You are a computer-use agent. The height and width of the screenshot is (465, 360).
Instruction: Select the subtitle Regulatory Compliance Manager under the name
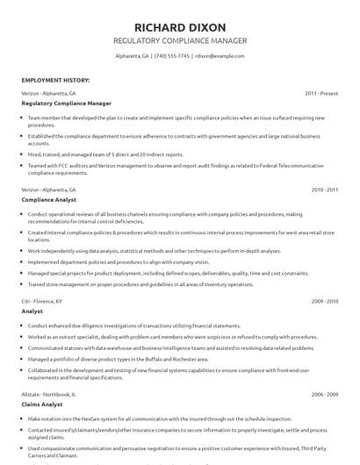pos(180,40)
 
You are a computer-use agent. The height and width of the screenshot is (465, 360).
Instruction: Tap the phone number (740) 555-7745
pos(172,56)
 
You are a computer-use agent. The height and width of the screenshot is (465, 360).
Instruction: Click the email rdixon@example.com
pos(219,56)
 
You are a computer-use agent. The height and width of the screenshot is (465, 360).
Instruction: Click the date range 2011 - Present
pos(322,92)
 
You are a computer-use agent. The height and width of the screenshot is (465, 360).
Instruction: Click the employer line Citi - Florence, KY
pos(41,301)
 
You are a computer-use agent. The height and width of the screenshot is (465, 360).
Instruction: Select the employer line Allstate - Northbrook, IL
pos(51,394)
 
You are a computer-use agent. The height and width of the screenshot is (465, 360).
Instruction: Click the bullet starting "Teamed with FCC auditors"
pos(176,166)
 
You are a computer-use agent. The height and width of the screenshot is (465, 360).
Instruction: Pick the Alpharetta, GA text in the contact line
pos(132,56)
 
